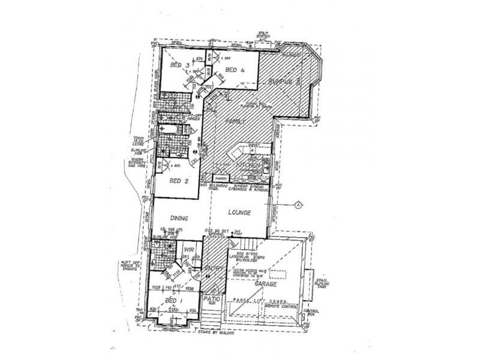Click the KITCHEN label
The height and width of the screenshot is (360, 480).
247,164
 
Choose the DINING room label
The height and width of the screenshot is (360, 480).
179,218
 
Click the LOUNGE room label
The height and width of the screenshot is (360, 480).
239,213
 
